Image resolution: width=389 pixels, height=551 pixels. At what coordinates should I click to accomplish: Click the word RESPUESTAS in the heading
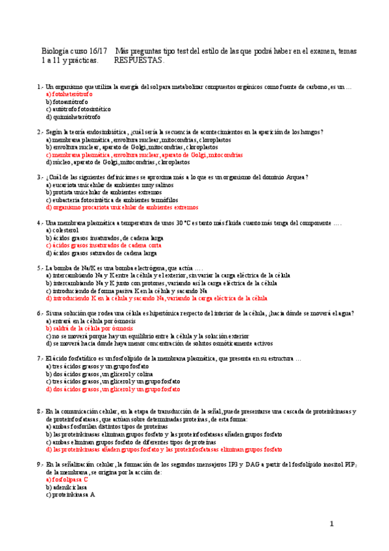pyautogui.click(x=139, y=61)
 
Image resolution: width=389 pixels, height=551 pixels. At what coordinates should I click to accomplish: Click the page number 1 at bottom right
pyautogui.click(x=331, y=524)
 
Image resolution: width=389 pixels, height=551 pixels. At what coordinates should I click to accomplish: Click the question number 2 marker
pyautogui.click(x=40, y=132)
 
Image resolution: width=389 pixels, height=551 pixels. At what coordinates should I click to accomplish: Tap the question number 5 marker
pyautogui.click(x=40, y=268)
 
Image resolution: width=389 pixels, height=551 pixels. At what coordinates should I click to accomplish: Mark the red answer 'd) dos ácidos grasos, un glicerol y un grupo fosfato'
pyautogui.click(x=113, y=390)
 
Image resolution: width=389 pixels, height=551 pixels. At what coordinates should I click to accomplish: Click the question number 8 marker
pyautogui.click(x=40, y=411)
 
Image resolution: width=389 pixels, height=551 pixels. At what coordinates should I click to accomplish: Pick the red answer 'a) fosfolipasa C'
pyautogui.click(x=67, y=480)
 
